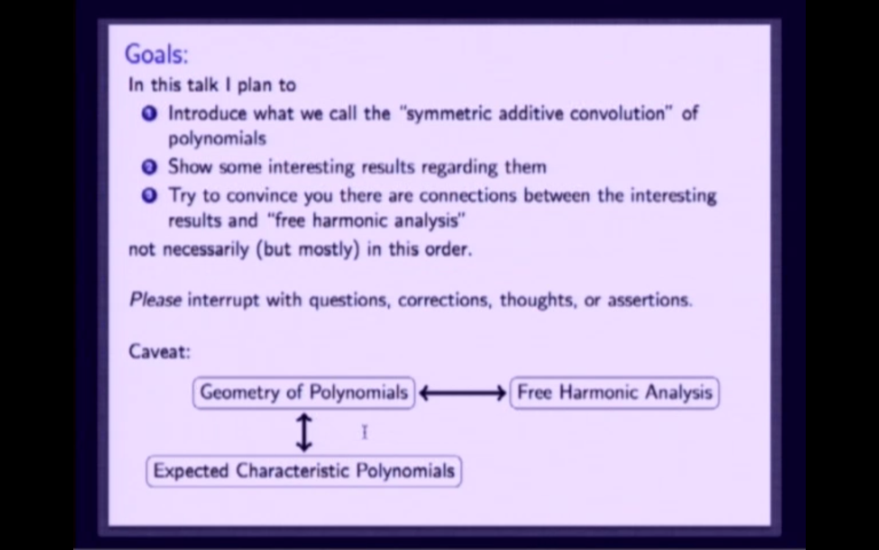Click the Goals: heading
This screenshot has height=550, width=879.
point(156,54)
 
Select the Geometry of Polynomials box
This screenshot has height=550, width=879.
point(303,392)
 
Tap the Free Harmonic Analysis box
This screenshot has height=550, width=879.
point(614,392)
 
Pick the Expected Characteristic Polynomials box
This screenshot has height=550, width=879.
point(303,471)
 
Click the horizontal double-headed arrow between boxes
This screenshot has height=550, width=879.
point(462,393)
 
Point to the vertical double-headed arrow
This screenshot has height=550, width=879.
point(304,431)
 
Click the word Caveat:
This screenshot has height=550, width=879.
point(159,351)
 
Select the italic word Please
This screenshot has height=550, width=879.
point(155,300)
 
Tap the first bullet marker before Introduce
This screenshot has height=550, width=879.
point(149,114)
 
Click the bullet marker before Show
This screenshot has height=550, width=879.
point(149,167)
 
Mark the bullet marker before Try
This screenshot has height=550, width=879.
point(149,196)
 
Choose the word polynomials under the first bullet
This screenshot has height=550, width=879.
point(217,139)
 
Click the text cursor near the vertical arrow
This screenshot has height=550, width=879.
point(364,432)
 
